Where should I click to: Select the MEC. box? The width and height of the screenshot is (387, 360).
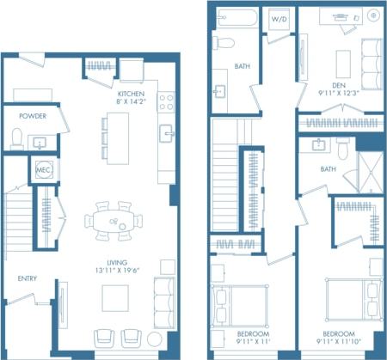tap(43, 170)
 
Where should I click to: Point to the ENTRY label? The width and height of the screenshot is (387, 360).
tap(27, 278)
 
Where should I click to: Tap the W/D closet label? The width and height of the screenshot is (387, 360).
tap(279, 18)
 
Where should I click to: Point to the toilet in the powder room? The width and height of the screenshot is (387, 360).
tap(16, 138)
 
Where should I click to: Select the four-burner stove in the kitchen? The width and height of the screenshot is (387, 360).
tap(165, 103)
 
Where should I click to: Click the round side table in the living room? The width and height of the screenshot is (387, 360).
tap(156, 338)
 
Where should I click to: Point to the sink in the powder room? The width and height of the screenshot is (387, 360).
tap(39, 142)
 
